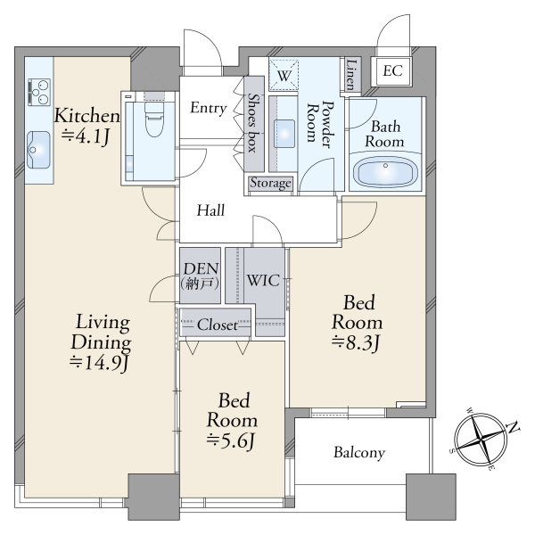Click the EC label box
392,71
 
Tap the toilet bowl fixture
154,119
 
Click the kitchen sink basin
38,150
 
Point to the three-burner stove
39,92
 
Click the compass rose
481,440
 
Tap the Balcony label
359,453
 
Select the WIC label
263,281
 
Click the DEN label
201,269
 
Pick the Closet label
218,325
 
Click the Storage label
271,183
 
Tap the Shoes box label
253,123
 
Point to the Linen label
351,75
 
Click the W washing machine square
284,75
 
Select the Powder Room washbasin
284,134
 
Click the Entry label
209,108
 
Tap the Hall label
210,210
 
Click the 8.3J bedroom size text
355,343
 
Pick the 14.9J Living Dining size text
99,363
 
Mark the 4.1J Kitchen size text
86,136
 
